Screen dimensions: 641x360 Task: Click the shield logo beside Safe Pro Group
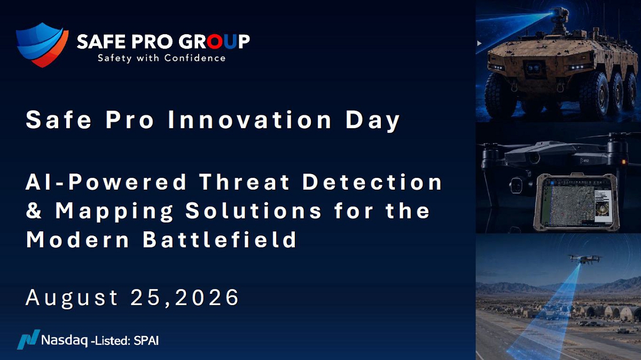tap(42, 45)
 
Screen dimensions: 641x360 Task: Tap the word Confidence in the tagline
tap(195, 58)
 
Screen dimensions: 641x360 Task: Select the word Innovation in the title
tap(249, 120)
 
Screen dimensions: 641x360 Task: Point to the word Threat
tap(244, 182)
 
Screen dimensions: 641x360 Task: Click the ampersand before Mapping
tap(34, 210)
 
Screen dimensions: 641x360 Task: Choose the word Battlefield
tap(220, 239)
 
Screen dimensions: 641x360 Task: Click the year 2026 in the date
tap(207, 298)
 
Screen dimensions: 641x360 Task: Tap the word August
tap(72, 299)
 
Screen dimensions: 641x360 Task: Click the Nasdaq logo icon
tap(29, 339)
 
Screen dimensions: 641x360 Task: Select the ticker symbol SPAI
tap(146, 341)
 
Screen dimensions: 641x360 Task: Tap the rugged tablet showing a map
tap(576, 202)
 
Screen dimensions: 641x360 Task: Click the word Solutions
tap(254, 210)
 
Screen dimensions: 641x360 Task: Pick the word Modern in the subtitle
tap(78, 239)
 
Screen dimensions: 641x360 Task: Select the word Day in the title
tap(372, 121)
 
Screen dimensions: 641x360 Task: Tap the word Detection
tap(372, 182)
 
